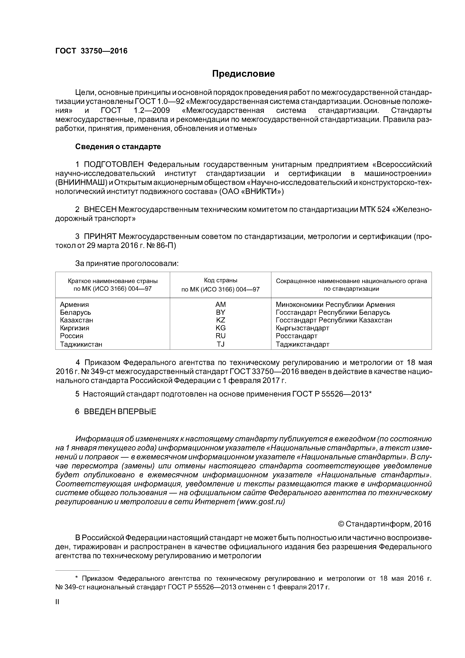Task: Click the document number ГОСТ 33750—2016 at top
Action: [x=91, y=51]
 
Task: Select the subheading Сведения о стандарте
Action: [x=118, y=147]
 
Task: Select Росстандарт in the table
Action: [x=297, y=336]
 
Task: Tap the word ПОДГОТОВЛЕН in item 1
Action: [x=114, y=164]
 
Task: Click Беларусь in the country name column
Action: [x=75, y=312]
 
